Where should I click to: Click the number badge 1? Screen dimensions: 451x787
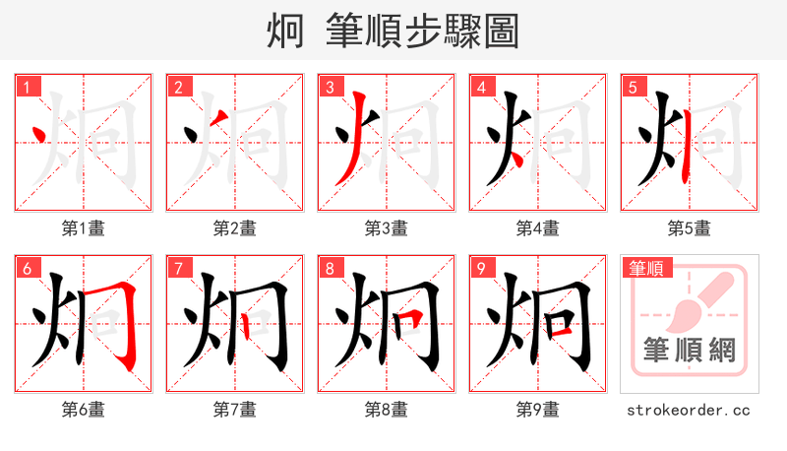26,88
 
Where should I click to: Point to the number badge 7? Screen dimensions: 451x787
177,269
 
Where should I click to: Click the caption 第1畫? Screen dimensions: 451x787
84,228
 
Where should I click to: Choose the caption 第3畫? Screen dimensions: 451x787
387,228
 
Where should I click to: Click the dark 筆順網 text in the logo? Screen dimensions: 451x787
689,350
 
